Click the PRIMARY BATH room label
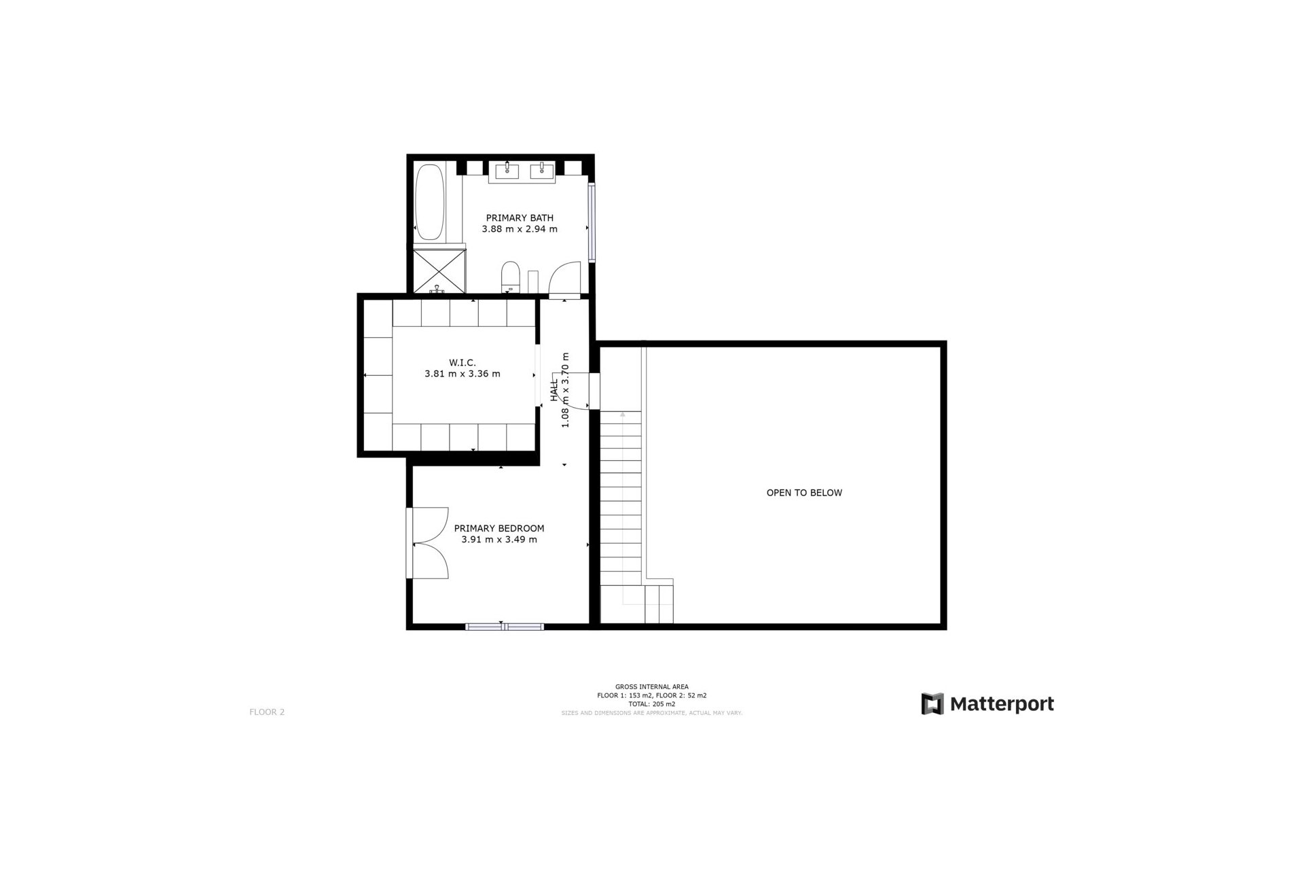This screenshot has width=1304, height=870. [520, 218]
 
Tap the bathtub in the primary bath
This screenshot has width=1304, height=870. [429, 201]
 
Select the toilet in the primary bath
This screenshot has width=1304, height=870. [510, 277]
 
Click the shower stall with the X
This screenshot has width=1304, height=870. [439, 270]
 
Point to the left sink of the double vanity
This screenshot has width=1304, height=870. [507, 170]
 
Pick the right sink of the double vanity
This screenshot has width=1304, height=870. [543, 170]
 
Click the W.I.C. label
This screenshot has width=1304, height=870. [462, 363]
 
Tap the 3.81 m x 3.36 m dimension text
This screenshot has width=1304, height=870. [462, 374]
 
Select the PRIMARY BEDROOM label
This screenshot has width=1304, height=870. [499, 528]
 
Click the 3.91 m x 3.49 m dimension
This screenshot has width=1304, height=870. [499, 540]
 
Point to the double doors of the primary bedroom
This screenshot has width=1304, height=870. [429, 543]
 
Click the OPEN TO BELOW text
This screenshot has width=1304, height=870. [804, 493]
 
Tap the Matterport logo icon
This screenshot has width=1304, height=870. [932, 703]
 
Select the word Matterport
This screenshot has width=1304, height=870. [1002, 703]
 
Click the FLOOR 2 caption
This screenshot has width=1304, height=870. [267, 712]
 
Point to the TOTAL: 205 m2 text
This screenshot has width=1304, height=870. [651, 704]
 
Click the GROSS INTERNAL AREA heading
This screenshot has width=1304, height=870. [651, 687]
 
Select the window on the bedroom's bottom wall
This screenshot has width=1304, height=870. [505, 627]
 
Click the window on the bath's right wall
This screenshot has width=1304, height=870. [592, 223]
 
